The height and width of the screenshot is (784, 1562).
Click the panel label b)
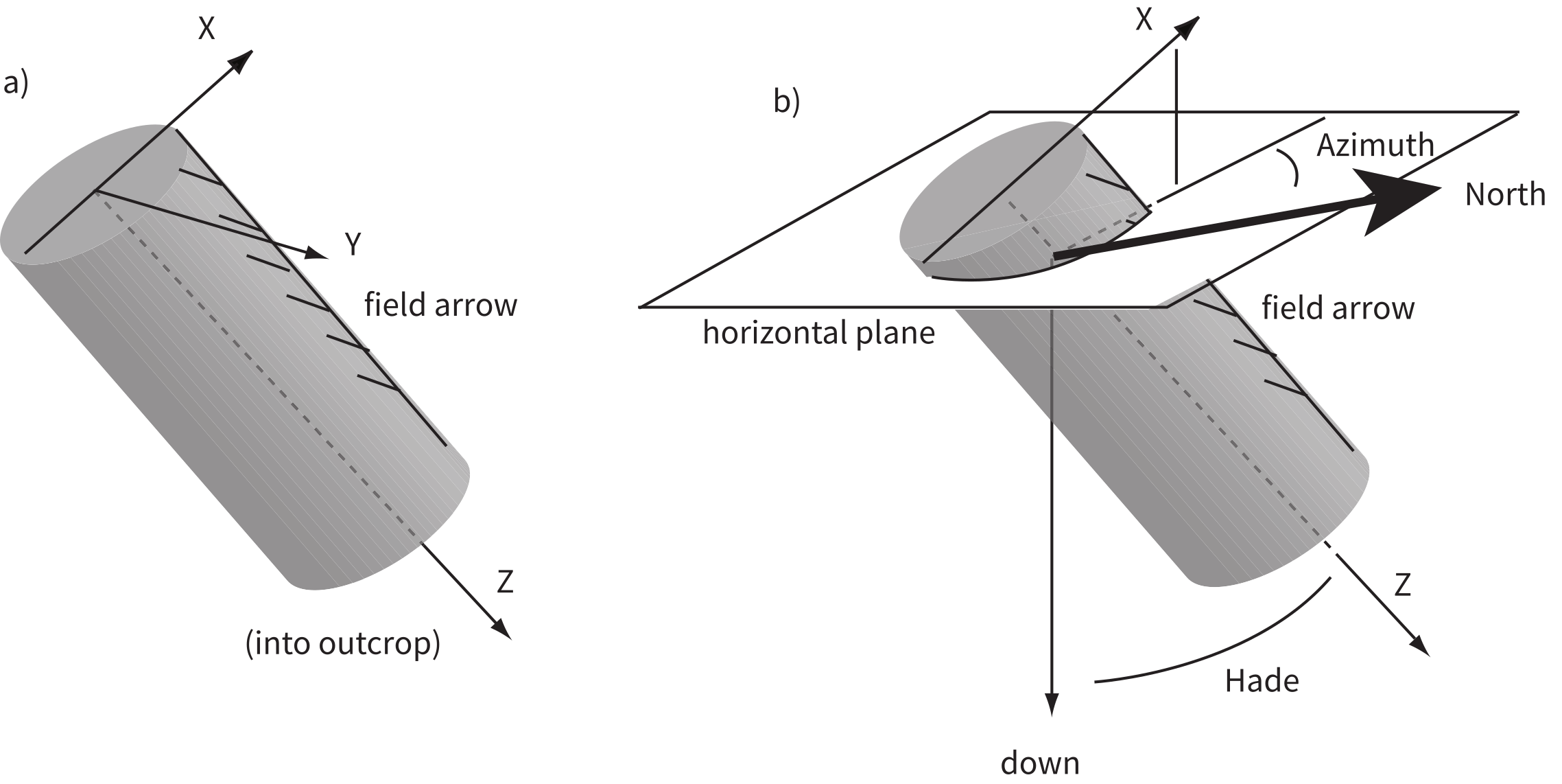pyautogui.click(x=787, y=102)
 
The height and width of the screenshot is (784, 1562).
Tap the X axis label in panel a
pyautogui.click(x=206, y=29)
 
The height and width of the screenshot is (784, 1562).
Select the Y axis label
pyautogui.click(x=353, y=244)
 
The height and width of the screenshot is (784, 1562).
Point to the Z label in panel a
pyautogui.click(x=505, y=581)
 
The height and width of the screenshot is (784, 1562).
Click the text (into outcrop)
pyautogui.click(x=342, y=644)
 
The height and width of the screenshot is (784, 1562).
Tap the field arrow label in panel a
pyautogui.click(x=440, y=305)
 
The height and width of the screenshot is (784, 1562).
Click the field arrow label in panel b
pyautogui.click(x=1338, y=308)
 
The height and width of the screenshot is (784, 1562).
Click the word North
pyautogui.click(x=1505, y=195)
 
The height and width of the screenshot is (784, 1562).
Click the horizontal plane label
pyautogui.click(x=818, y=333)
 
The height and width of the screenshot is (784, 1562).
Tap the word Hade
pyautogui.click(x=1262, y=681)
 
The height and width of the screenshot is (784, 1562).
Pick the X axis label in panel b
pyautogui.click(x=1144, y=21)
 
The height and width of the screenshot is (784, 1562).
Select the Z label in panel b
pyautogui.click(x=1402, y=586)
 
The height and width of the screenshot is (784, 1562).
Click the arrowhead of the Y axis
pyautogui.click(x=317, y=254)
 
